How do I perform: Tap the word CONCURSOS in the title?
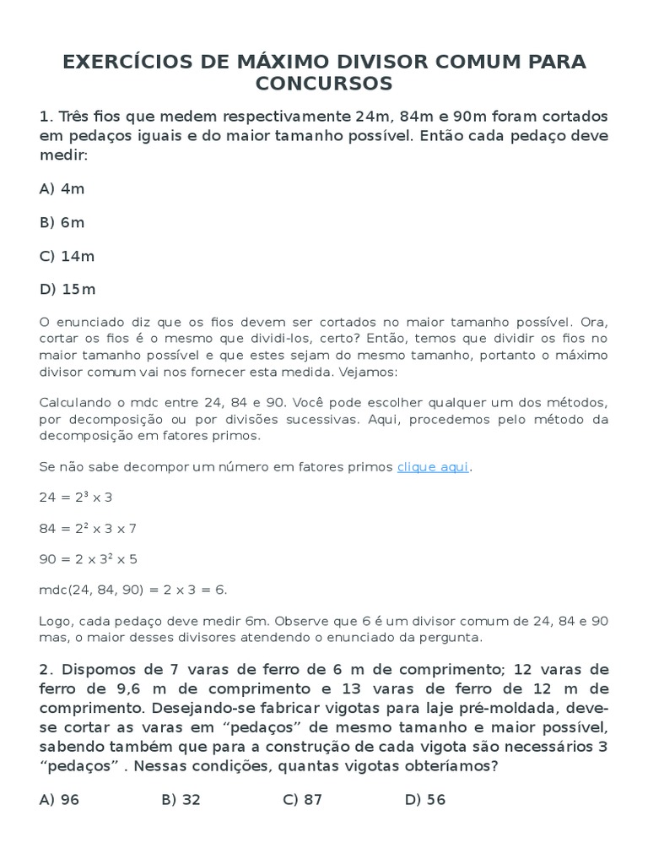click(x=324, y=83)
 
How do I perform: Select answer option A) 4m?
click(x=62, y=189)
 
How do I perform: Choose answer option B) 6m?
click(x=62, y=222)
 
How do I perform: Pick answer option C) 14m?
click(x=67, y=256)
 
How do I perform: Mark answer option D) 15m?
click(x=67, y=289)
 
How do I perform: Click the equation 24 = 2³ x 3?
click(x=75, y=497)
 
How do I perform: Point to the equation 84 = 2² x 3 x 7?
click(x=88, y=528)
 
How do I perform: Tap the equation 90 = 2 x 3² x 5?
click(x=88, y=558)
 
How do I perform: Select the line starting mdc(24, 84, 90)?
click(x=133, y=589)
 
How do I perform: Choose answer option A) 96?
click(x=59, y=799)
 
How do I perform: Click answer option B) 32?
click(x=181, y=799)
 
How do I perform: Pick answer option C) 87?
click(x=303, y=799)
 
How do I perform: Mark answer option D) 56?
click(x=425, y=799)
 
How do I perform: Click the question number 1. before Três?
click(x=46, y=116)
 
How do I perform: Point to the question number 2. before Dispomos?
click(x=46, y=670)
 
